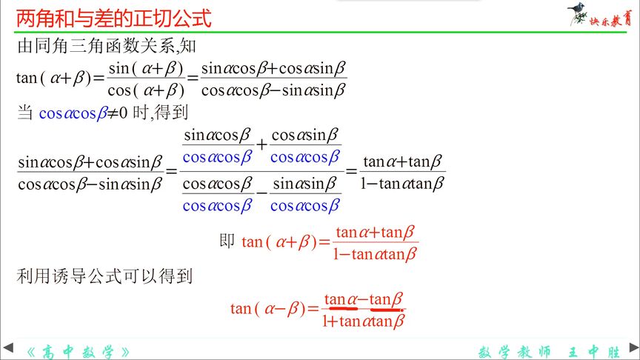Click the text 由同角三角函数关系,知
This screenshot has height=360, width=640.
pos(106,47)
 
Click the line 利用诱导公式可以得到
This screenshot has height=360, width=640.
pos(104,277)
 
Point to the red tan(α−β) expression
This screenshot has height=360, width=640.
pos(273,309)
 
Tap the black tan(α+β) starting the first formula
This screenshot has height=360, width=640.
pos(58,79)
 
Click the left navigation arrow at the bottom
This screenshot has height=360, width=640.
pos(8,347)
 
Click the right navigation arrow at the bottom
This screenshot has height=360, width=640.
pos(632,347)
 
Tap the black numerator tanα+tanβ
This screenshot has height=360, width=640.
pos(403,161)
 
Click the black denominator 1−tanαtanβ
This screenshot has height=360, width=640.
pos(403,184)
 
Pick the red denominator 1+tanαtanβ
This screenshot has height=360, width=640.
pos(364,321)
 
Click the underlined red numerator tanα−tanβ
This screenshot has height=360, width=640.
pos(364,299)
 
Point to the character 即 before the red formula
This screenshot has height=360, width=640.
pos(227,241)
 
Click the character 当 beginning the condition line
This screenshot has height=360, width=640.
pos(25,113)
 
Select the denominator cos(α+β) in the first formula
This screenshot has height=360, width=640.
pos(145,91)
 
